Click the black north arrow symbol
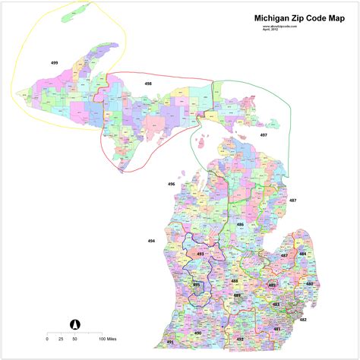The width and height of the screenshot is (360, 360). [74, 324]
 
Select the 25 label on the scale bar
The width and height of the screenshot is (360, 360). [60, 339]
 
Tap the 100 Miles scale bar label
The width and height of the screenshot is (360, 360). [106, 339]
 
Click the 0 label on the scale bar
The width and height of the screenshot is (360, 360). [47, 339]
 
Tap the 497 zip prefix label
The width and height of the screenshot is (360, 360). [263, 134]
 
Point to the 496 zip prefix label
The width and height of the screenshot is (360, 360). [172, 184]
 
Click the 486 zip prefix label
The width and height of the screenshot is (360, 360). [240, 226]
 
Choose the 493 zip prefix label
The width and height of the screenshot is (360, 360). [201, 254]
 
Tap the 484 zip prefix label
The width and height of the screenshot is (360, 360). [302, 254]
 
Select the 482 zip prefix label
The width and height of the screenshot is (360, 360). [303, 320]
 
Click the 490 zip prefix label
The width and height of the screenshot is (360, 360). [198, 333]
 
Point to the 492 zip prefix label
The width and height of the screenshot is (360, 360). [240, 338]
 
